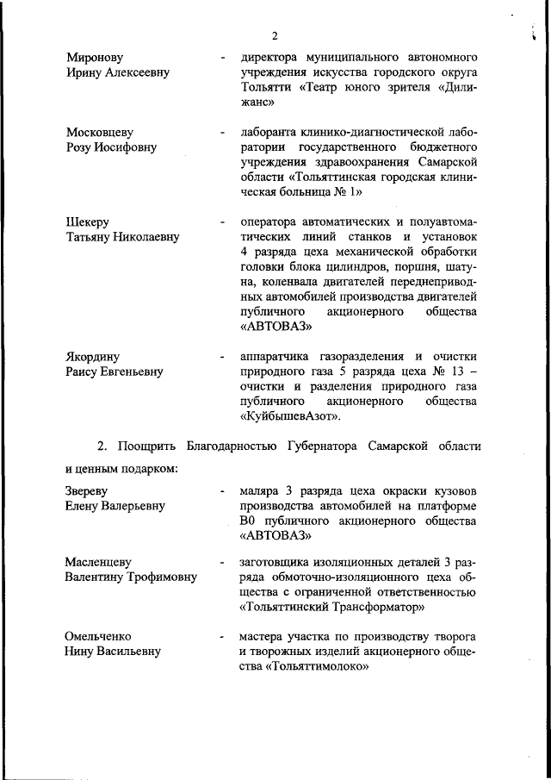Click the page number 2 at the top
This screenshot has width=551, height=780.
click(274, 35)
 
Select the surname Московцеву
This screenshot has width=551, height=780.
click(100, 133)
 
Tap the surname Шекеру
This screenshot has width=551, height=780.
click(88, 222)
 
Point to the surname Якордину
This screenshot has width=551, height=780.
click(93, 357)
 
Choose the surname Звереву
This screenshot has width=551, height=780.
click(91, 491)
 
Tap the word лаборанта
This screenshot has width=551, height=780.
click(269, 133)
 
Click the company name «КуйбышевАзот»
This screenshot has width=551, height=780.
click(290, 417)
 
